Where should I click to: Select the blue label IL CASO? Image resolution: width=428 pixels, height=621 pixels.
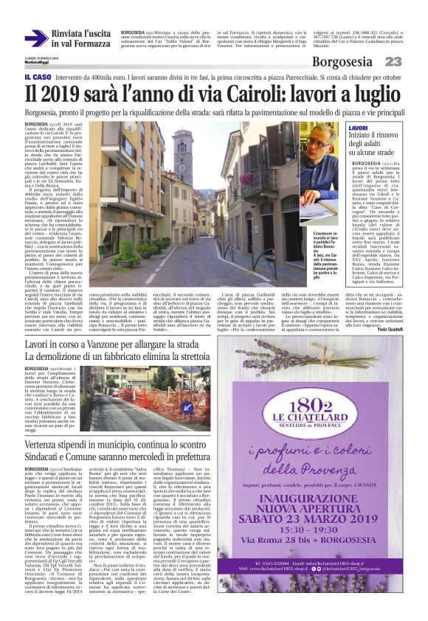37,77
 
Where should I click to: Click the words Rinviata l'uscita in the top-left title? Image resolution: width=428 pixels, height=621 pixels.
80,34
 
